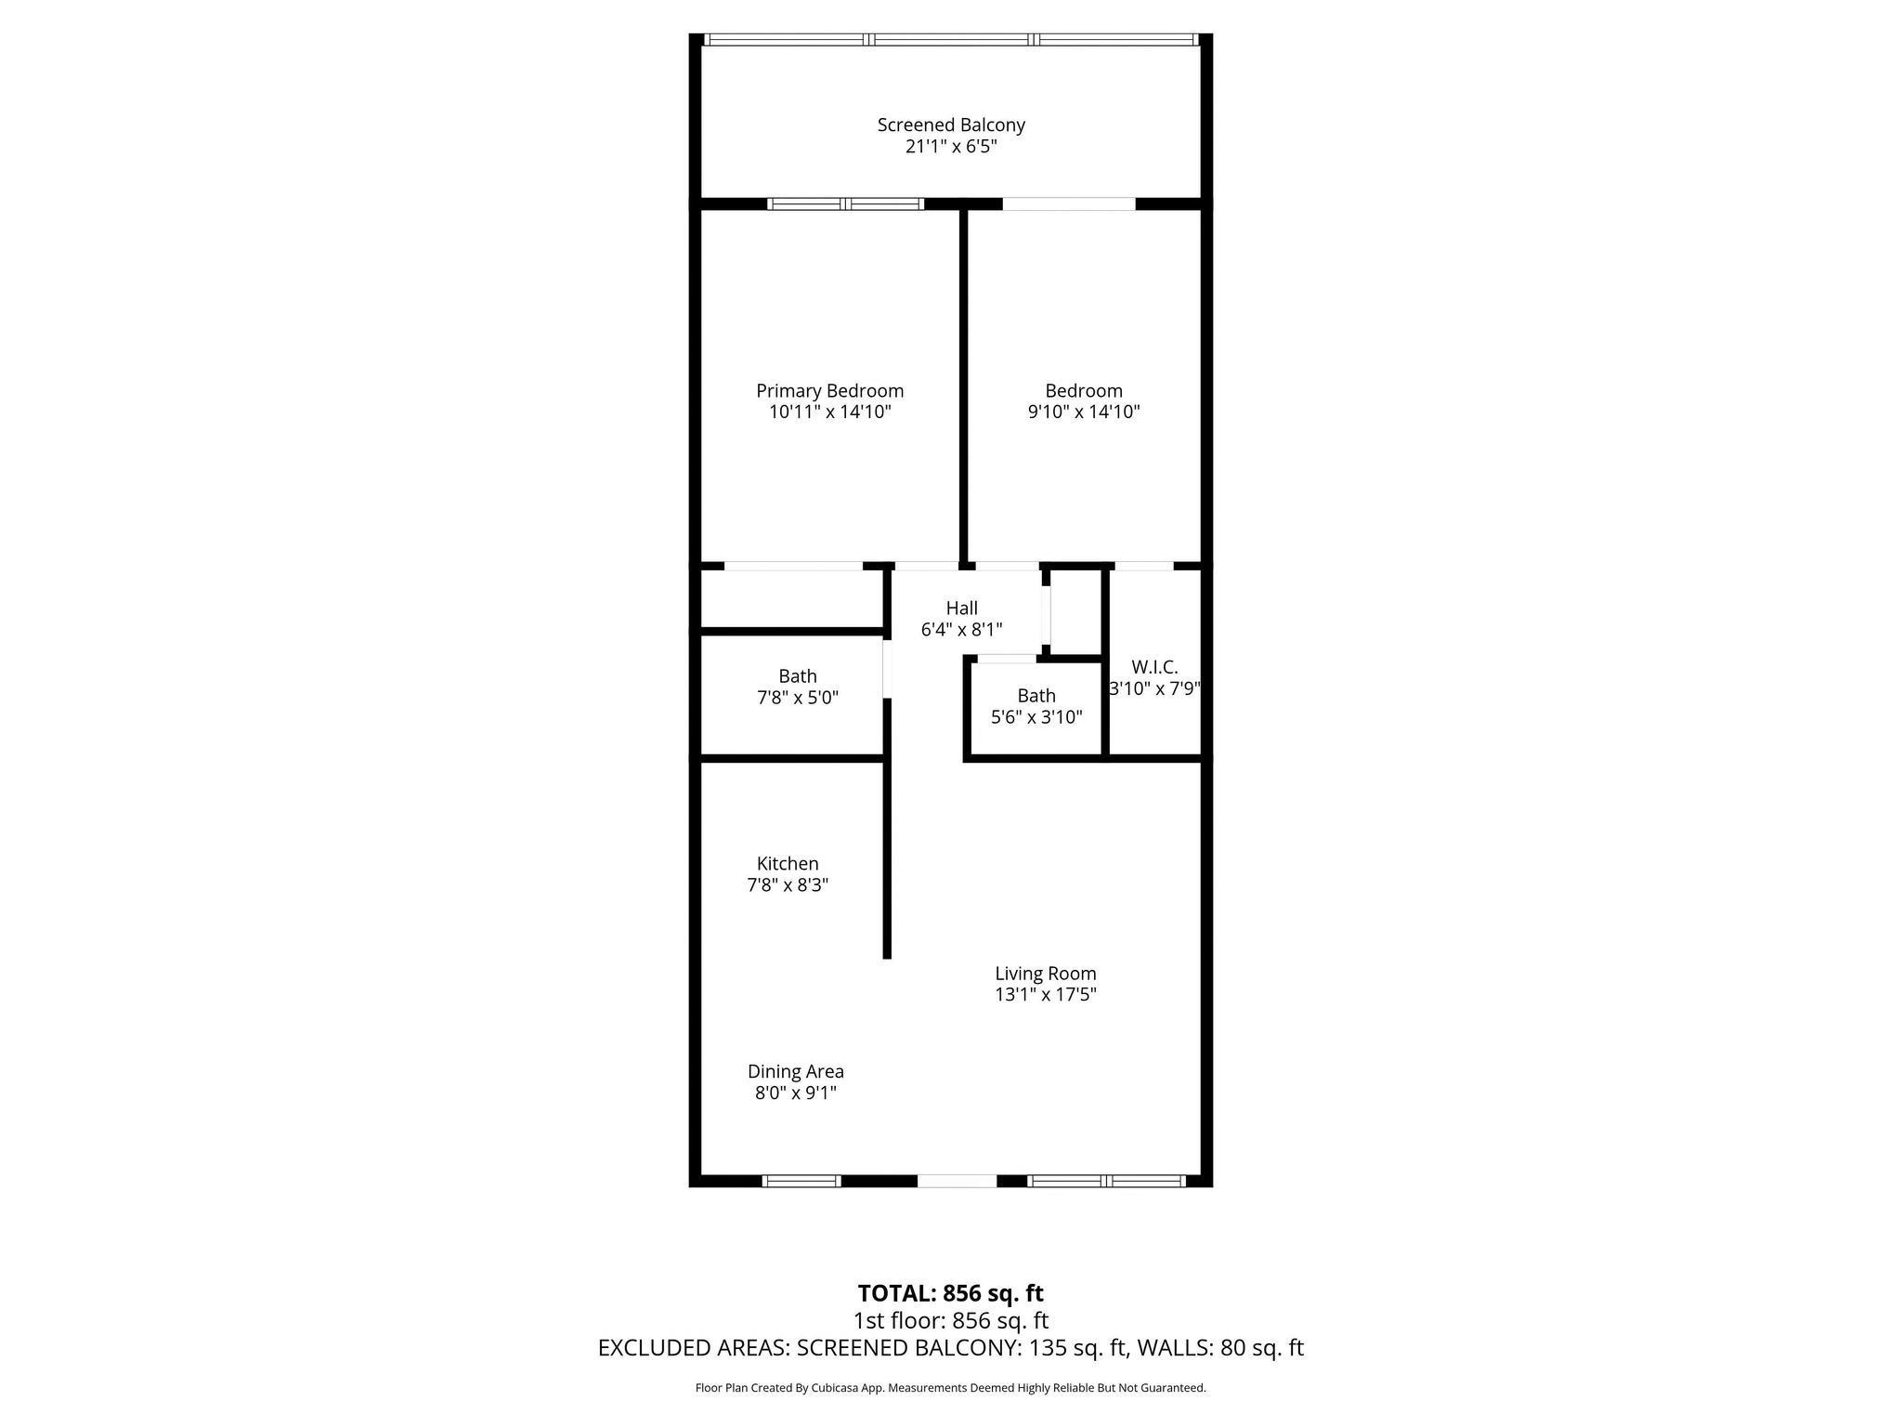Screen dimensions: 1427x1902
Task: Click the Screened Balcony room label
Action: [951, 124]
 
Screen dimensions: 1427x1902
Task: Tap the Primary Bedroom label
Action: [829, 391]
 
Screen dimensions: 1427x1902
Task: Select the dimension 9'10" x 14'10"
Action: [1084, 412]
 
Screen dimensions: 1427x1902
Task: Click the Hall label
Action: [961, 609]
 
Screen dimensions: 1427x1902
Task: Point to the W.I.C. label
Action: [1154, 667]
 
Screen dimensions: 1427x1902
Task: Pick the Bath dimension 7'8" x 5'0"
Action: [798, 698]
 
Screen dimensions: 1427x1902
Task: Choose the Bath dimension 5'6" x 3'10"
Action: [1036, 717]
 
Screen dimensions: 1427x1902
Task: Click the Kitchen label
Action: [788, 864]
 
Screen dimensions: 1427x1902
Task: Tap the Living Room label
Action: [1046, 974]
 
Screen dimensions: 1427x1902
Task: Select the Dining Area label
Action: [796, 1072]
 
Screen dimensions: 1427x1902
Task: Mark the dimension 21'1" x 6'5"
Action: [951, 147]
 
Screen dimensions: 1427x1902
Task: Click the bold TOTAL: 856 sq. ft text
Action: [950, 1293]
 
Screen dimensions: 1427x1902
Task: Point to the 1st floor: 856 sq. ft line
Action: [950, 1320]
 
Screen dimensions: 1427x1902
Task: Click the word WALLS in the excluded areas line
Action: [1173, 1348]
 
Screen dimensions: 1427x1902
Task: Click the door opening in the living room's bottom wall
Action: [957, 1181]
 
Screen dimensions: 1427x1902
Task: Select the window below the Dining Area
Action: [801, 1181]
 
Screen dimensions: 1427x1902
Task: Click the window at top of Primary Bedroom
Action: [845, 204]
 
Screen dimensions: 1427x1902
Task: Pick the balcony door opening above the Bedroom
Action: [1069, 204]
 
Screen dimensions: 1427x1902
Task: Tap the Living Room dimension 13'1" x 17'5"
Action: [1046, 995]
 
